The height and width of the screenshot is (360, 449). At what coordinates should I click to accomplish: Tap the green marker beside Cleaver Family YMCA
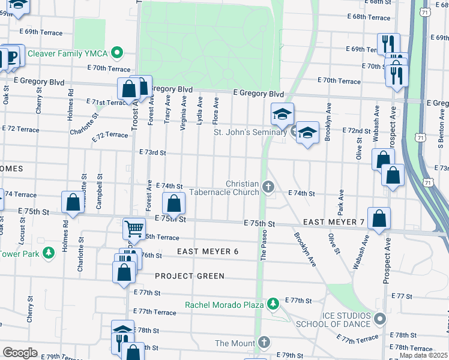click(118, 52)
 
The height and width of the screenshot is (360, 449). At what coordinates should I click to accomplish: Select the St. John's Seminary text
click(251, 131)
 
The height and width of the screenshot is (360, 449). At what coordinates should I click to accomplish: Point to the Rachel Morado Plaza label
click(224, 305)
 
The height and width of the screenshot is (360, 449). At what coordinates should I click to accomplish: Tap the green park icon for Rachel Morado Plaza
click(273, 305)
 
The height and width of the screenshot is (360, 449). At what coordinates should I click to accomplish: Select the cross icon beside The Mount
click(264, 343)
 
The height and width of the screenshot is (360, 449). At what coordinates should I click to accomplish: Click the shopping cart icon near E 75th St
click(134, 228)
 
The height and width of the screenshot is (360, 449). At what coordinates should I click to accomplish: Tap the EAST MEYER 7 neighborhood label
click(334, 223)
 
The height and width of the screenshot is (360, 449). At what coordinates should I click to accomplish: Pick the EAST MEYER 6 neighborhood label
click(208, 251)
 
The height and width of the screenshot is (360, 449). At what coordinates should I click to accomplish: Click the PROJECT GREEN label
click(190, 276)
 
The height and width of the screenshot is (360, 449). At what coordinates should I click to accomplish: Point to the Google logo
click(20, 353)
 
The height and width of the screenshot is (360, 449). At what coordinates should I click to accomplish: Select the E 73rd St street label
click(152, 153)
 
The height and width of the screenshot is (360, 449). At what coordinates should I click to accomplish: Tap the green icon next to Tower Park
click(49, 254)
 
